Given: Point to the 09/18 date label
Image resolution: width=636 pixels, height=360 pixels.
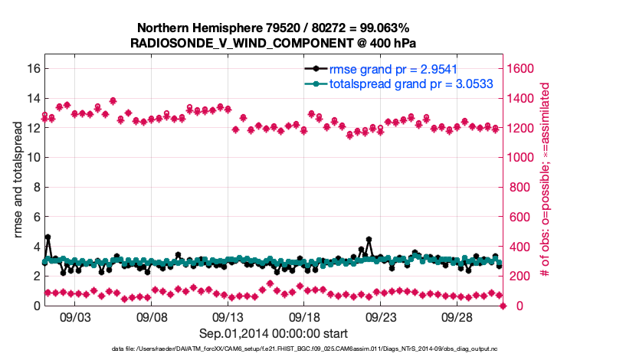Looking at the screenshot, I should [x=304, y=316].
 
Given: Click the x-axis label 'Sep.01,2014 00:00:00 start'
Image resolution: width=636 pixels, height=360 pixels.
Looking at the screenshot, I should [x=274, y=333].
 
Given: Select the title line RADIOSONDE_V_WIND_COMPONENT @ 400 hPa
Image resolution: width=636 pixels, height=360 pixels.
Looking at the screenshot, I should [x=274, y=43].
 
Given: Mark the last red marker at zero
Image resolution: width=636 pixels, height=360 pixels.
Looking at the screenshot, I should [x=503, y=306].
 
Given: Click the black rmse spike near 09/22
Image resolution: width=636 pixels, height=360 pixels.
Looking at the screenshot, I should [x=369, y=240].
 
